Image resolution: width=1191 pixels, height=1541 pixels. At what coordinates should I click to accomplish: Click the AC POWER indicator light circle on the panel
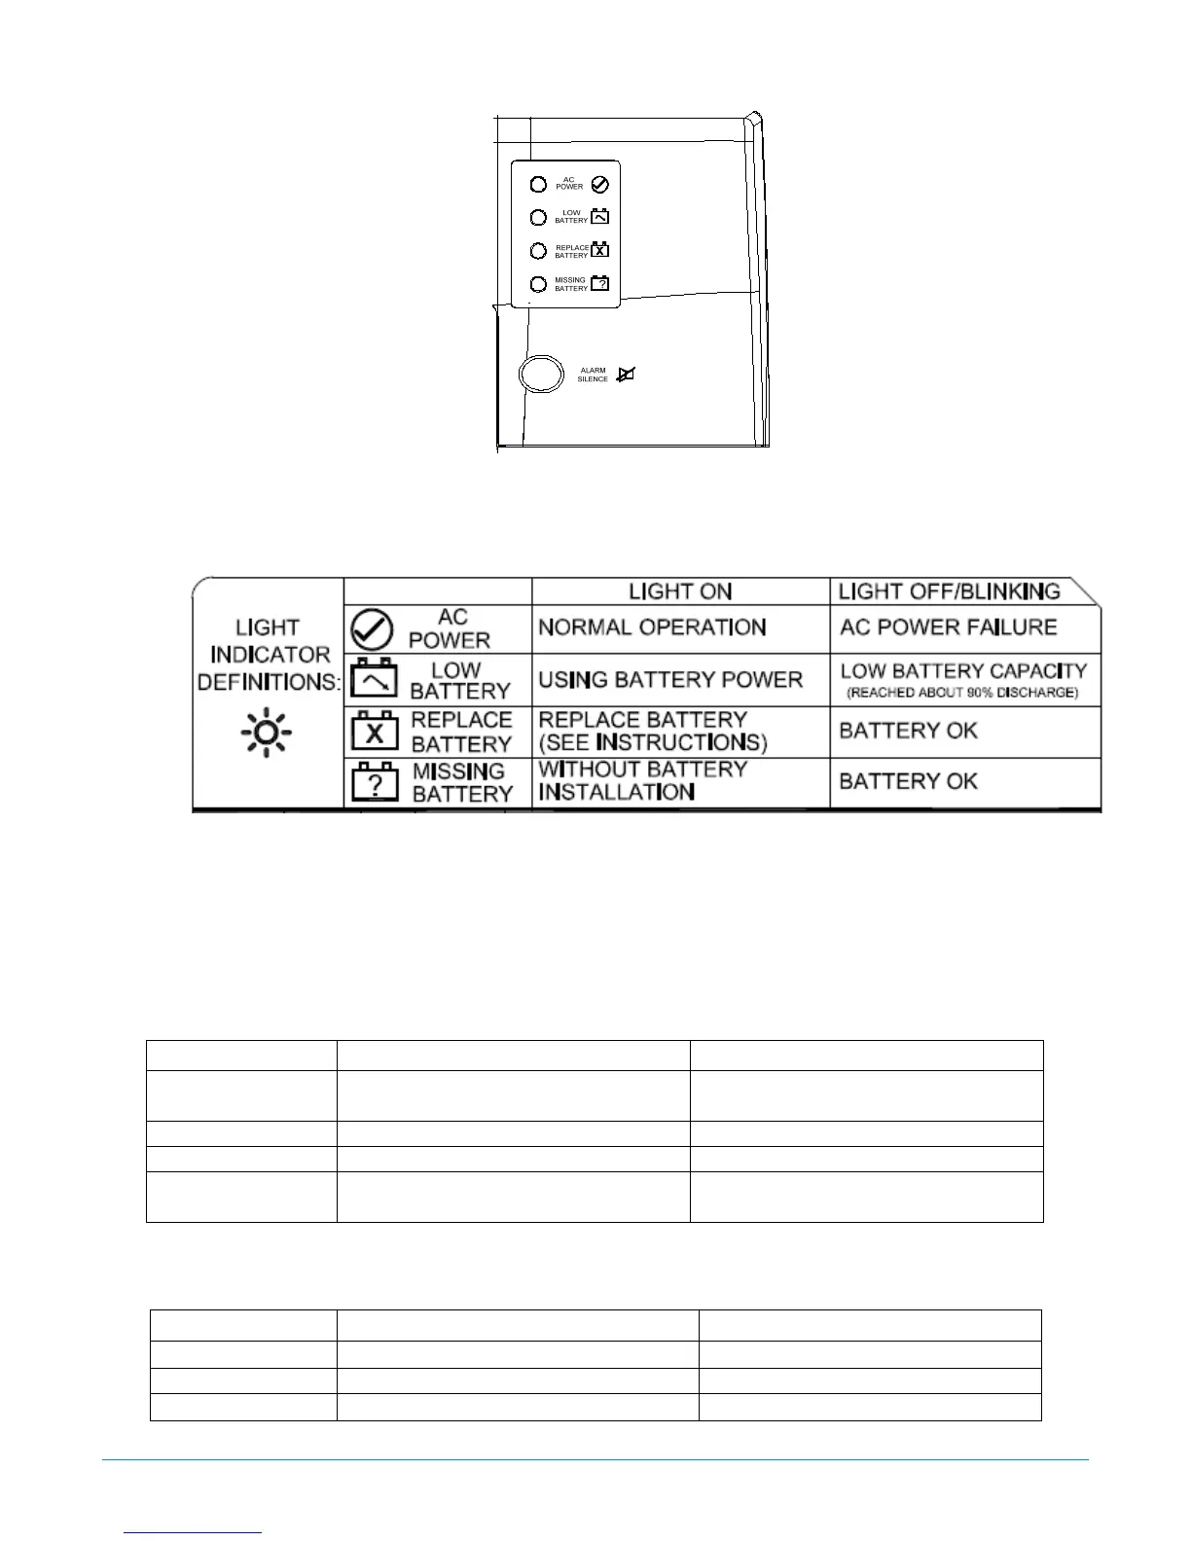pos(538,184)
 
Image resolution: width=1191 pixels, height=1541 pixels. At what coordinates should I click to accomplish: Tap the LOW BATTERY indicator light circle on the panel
pos(538,217)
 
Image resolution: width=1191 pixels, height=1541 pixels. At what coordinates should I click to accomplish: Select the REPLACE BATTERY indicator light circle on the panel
pos(538,250)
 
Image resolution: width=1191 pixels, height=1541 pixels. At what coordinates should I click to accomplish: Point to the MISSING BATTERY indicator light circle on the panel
pos(538,284)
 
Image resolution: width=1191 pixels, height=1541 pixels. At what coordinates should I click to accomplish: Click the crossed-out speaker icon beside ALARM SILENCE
pos(626,374)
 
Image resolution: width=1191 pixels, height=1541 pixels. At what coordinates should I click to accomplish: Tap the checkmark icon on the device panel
pos(600,184)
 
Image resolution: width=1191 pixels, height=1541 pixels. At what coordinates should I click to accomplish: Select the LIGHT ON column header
pos(680,591)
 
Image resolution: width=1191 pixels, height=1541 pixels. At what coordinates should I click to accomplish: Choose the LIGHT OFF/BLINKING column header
pos(949,591)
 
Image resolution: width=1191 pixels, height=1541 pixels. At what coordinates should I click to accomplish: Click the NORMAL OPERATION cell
pos(652,627)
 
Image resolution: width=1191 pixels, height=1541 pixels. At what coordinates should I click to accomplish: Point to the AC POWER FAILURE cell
pos(948,627)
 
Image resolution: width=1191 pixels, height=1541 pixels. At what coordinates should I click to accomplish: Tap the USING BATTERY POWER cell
pos(670,679)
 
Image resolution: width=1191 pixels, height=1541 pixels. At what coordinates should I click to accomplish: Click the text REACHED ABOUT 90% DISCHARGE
pos(962,693)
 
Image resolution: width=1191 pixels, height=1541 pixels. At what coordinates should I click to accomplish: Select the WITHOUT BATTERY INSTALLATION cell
pos(643,781)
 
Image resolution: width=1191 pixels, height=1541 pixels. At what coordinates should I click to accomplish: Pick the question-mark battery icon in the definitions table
pos(375,782)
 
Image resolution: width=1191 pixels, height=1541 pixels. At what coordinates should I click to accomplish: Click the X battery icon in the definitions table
pos(375,732)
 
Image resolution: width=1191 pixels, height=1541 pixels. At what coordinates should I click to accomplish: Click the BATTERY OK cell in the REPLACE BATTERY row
pos(908,731)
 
